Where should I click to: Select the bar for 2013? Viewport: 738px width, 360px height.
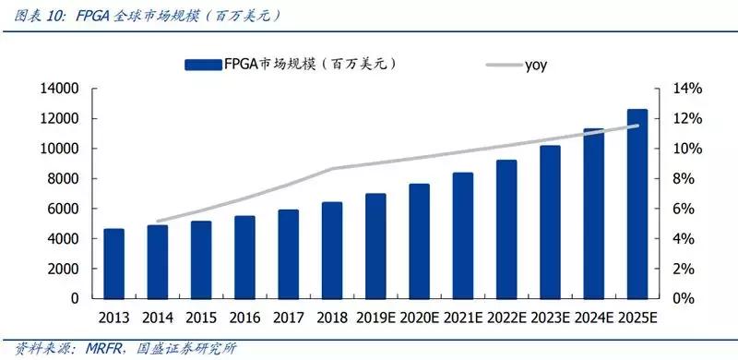coord(113,264)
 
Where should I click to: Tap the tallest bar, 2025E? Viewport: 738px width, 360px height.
coord(637,204)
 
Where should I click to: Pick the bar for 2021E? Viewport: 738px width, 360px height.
coord(463,235)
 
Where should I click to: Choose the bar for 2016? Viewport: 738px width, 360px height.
coord(244,258)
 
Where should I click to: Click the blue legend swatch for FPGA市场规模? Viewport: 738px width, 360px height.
coord(202,64)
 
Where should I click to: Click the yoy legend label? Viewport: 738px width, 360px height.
coord(538,64)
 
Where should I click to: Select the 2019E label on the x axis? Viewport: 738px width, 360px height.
coord(375,318)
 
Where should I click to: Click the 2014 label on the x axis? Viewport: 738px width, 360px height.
coord(158,318)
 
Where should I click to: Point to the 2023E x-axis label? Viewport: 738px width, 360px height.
coord(550,318)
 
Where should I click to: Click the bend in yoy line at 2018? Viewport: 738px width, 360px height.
coord(332,169)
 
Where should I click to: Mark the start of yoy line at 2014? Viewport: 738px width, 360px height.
coord(158,222)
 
